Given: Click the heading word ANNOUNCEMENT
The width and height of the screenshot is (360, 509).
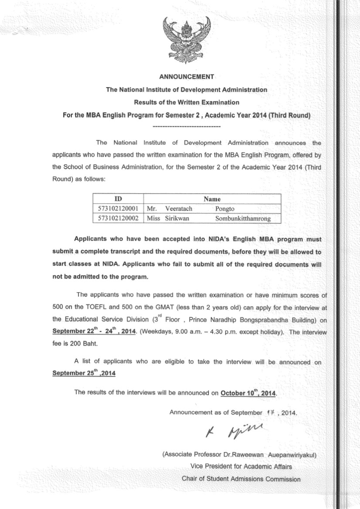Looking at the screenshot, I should (x=187, y=77).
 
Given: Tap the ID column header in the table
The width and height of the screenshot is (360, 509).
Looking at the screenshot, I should (x=118, y=199).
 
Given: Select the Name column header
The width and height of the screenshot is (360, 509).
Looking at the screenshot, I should (x=212, y=199).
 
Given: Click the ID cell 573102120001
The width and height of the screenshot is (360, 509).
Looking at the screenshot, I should (x=118, y=209).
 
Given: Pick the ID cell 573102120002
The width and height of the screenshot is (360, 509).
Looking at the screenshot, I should (x=118, y=219).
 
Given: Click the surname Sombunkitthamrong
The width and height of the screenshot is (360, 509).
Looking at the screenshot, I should (x=243, y=219).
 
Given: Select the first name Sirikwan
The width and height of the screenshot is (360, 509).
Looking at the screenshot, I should (x=177, y=219).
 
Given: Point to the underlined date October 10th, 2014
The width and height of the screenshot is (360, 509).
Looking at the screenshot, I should (x=248, y=393).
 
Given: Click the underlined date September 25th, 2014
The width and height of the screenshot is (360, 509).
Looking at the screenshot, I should (x=84, y=373).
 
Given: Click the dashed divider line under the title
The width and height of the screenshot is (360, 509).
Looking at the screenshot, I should (x=187, y=126).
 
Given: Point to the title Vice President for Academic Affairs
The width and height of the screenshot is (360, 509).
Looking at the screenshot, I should (x=241, y=466).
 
